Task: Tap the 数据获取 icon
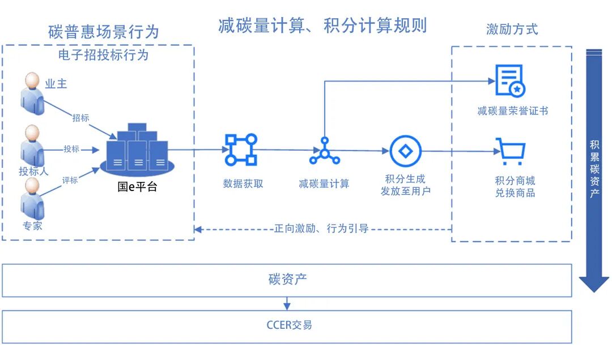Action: [x=241, y=150]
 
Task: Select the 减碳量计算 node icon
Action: [x=324, y=151]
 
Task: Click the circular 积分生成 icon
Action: [x=405, y=151]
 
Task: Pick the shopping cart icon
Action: [x=511, y=151]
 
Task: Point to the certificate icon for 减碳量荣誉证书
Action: [x=510, y=81]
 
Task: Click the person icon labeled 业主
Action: [x=32, y=91]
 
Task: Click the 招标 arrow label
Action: [x=80, y=118]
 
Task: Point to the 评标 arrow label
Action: [x=70, y=180]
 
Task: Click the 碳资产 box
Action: [x=287, y=280]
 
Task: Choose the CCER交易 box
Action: [x=287, y=326]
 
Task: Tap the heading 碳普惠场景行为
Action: [x=104, y=32]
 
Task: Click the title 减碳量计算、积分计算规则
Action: [x=322, y=26]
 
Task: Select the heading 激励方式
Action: [x=512, y=29]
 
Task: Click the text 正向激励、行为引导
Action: [x=321, y=229]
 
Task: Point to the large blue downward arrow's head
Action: [x=594, y=283]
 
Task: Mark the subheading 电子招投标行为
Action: [x=103, y=54]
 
